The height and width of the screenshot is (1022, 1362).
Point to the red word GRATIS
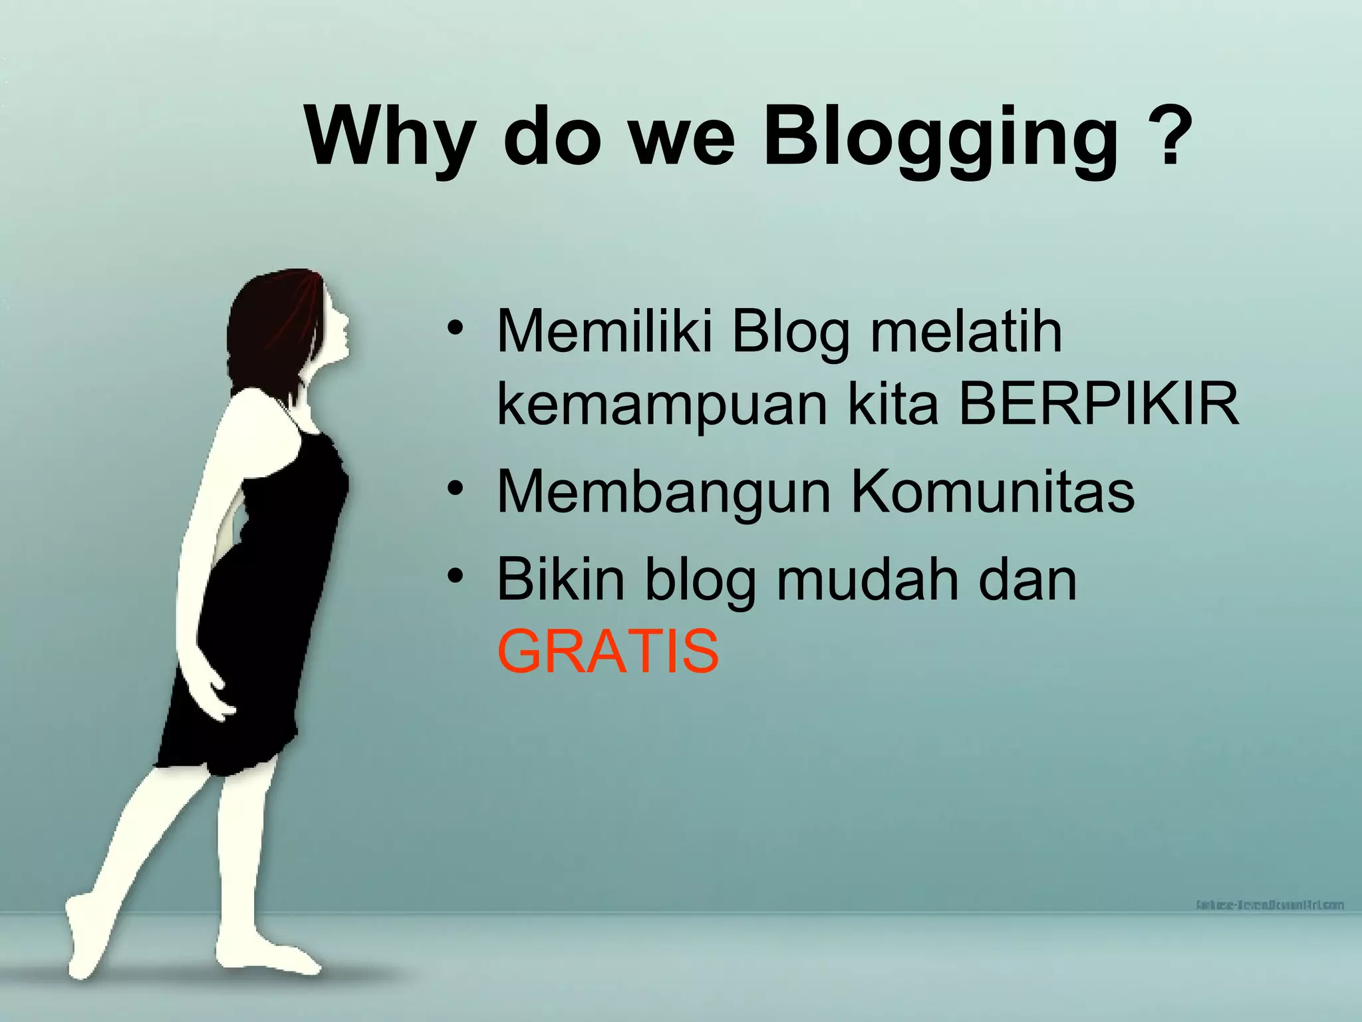click(x=608, y=651)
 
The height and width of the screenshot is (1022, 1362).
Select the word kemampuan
click(x=662, y=407)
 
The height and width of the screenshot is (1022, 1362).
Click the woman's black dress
click(x=266, y=599)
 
